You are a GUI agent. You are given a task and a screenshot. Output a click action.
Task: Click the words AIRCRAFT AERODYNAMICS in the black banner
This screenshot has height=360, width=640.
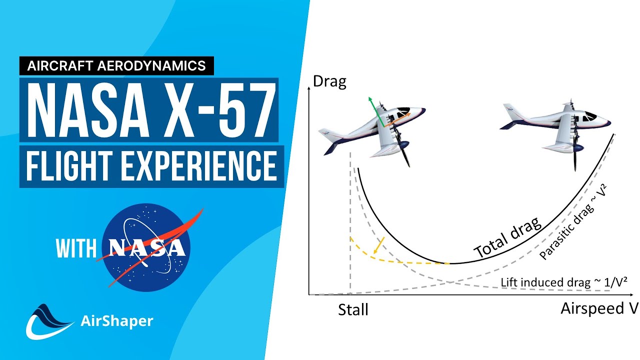coord(117,65)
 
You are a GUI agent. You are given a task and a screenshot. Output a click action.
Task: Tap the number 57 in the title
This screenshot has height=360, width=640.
coord(243,110)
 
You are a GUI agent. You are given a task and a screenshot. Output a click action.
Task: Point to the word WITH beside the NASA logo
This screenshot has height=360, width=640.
coord(75,248)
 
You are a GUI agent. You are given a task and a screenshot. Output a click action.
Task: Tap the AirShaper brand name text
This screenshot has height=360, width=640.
coord(116,321)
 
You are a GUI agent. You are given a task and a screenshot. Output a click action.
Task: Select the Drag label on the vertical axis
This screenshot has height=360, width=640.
coord(329,82)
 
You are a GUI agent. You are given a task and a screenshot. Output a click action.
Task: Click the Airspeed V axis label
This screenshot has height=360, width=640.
coord(599,308)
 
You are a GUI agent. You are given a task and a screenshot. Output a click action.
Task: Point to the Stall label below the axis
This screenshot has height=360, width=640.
coord(353,309)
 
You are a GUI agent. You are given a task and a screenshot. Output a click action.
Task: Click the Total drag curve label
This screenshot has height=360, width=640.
coord(507,237)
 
